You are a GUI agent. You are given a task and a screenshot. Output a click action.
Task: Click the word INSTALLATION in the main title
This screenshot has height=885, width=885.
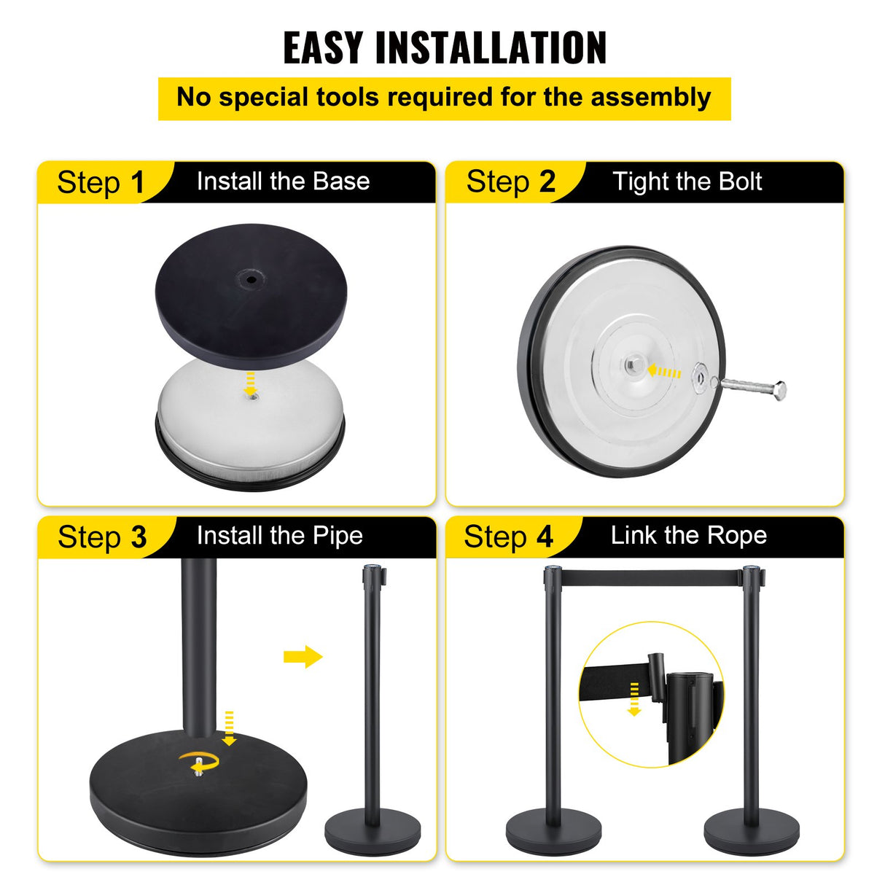click(491, 48)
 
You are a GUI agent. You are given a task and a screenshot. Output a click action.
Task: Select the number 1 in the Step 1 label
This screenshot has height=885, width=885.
click(138, 182)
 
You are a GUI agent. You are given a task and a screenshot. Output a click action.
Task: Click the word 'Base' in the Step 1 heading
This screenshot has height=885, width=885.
click(341, 181)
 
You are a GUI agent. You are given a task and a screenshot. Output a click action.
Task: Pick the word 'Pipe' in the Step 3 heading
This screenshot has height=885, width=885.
click(338, 536)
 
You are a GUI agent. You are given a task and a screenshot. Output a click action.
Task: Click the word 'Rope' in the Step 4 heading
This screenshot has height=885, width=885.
click(737, 536)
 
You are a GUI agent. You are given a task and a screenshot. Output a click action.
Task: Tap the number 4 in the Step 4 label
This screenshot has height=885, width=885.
click(545, 537)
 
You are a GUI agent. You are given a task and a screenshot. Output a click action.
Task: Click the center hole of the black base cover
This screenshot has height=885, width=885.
click(251, 278)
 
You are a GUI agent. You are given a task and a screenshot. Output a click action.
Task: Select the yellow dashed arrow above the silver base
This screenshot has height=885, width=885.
click(250, 379)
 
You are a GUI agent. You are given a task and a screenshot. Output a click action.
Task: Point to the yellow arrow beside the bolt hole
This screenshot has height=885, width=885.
click(664, 373)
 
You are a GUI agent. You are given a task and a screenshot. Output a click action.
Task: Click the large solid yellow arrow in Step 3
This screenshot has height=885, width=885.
click(303, 656)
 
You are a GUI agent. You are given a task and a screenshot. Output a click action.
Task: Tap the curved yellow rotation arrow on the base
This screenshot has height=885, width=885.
click(199, 760)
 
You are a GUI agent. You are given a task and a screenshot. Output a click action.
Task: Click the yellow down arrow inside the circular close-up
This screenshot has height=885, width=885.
click(634, 698)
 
